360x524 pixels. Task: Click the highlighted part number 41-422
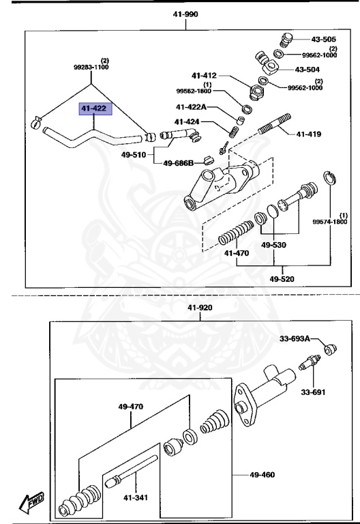(x=95, y=108)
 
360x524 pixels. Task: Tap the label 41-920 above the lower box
(x=200, y=308)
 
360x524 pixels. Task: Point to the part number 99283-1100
(x=91, y=68)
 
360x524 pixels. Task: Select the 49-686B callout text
(x=177, y=163)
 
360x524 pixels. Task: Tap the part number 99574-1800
(x=330, y=222)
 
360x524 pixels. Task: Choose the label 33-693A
(x=294, y=338)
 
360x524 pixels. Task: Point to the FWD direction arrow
(x=32, y=504)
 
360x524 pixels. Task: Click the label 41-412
(x=205, y=75)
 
